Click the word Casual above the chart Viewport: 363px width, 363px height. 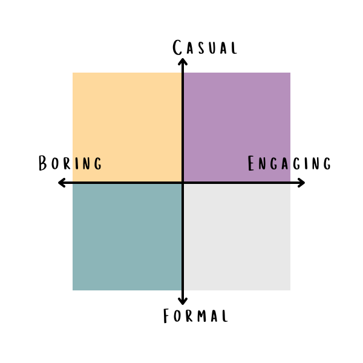click(204, 48)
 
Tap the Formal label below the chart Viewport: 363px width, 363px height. click(195, 316)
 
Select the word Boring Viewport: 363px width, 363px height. click(70, 163)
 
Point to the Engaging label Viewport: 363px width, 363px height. click(289, 163)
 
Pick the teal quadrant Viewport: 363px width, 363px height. click(127, 237)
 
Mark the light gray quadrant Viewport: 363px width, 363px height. click(237, 237)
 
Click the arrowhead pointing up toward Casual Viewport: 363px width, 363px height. click(183, 60)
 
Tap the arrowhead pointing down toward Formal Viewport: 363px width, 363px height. click(183, 302)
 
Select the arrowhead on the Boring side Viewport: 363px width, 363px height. click(60, 183)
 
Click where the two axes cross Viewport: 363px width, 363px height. click(183, 183)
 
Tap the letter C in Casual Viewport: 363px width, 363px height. click(178, 48)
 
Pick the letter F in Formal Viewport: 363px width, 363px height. click(168, 316)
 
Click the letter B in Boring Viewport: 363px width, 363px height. click(44, 163)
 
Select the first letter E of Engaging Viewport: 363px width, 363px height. click(252, 164)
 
